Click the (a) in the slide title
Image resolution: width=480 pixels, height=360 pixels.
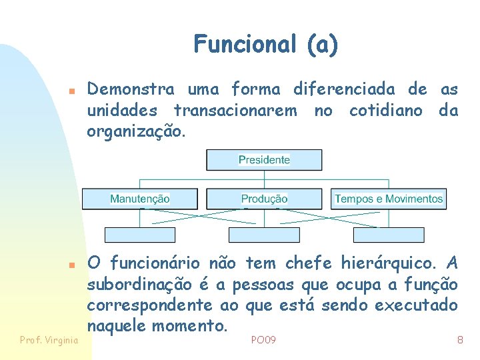pyautogui.click(x=323, y=45)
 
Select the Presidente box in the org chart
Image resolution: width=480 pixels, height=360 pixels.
pyautogui.click(x=265, y=160)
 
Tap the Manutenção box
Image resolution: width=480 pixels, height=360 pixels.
pyautogui.click(x=140, y=199)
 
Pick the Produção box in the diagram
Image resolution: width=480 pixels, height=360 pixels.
pyautogui.click(x=264, y=199)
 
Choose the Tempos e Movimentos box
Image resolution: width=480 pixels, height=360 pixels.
pyautogui.click(x=389, y=199)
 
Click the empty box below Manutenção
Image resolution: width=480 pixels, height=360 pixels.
pyautogui.click(x=140, y=235)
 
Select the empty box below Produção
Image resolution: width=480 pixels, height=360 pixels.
pyautogui.click(x=264, y=235)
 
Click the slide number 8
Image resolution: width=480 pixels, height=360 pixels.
pyautogui.click(x=460, y=341)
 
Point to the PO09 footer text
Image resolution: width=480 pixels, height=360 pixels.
pyautogui.click(x=263, y=341)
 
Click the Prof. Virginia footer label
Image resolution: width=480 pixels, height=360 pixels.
pyautogui.click(x=49, y=341)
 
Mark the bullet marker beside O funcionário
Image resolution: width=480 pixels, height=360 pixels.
pyautogui.click(x=77, y=264)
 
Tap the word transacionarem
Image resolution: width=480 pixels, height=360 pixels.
pyautogui.click(x=235, y=110)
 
